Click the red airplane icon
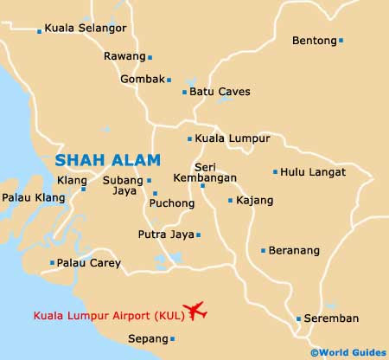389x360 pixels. [196, 311]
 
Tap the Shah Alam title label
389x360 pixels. [107, 160]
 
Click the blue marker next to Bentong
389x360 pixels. [341, 40]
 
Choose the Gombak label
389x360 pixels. [143, 80]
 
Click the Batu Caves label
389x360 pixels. [214, 92]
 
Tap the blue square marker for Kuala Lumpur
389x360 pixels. [190, 138]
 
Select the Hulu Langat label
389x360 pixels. [313, 172]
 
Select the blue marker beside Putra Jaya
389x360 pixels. [198, 235]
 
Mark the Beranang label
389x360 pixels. [294, 251]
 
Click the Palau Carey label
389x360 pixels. [84, 262]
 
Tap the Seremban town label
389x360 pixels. [331, 318]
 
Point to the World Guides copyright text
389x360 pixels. [348, 353]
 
